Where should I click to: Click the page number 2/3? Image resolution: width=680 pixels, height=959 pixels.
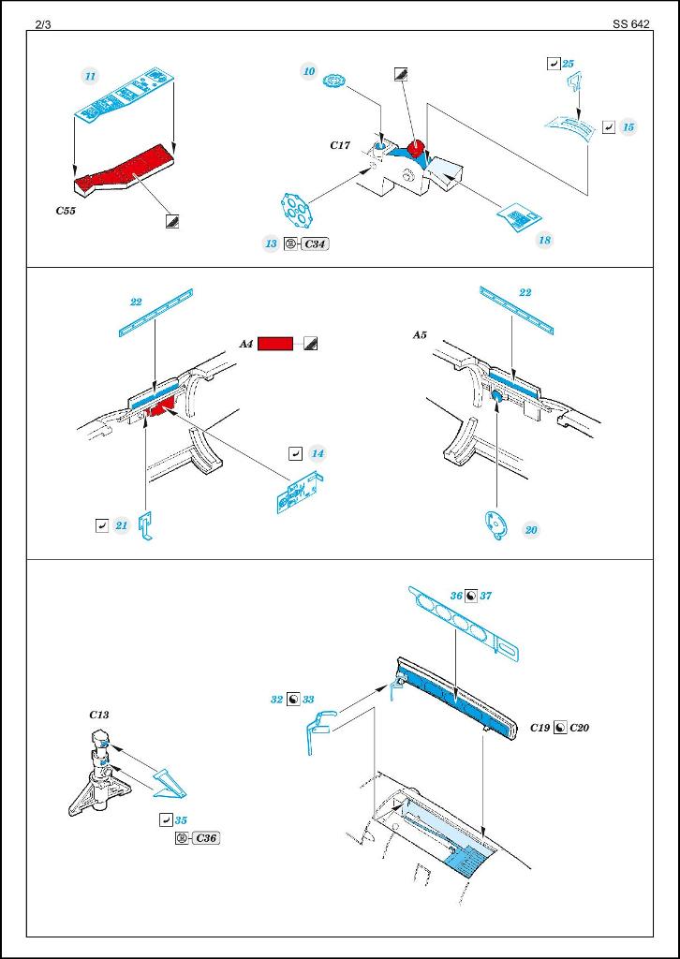[43, 24]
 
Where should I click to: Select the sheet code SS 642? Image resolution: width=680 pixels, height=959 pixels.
[631, 24]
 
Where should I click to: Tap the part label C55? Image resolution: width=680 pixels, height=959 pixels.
[66, 212]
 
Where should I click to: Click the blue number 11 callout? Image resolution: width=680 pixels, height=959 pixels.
[90, 75]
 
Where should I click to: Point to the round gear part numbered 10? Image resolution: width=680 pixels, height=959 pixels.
[335, 84]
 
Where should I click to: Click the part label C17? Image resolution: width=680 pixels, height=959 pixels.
[339, 145]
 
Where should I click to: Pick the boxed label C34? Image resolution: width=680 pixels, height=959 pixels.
[317, 243]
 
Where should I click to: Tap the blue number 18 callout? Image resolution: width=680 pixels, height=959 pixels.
[544, 240]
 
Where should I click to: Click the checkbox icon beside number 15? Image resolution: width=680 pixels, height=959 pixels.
[609, 126]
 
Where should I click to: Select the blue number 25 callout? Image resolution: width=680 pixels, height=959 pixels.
[569, 64]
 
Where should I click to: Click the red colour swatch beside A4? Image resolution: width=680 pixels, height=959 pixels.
[275, 344]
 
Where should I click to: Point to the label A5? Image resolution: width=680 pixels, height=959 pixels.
[419, 333]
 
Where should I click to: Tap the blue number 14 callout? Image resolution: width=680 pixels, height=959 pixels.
[318, 453]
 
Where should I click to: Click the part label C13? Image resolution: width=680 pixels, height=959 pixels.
[99, 715]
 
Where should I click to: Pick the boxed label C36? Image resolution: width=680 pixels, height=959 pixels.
[206, 837]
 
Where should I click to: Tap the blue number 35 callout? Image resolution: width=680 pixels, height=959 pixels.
[181, 819]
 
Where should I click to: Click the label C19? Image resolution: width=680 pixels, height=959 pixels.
[540, 727]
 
